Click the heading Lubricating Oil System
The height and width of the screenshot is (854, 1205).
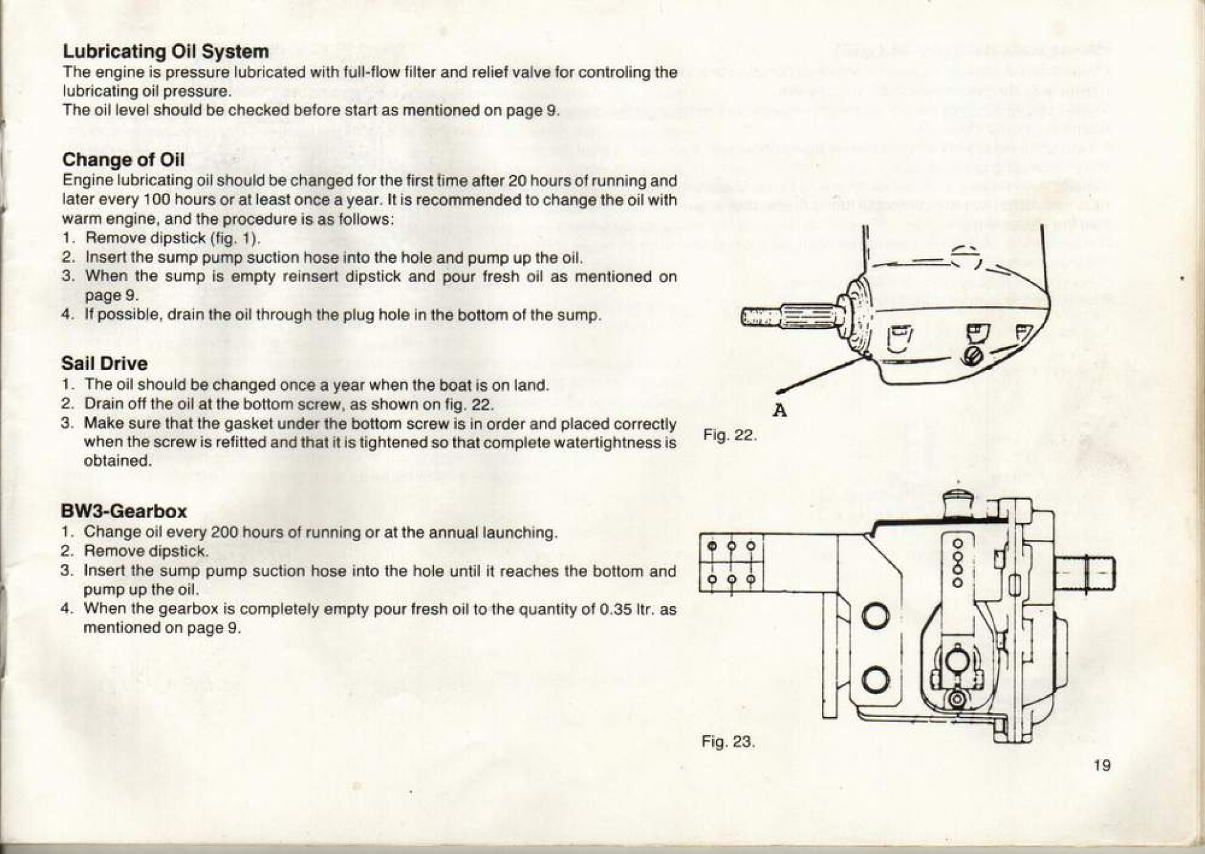point(166,51)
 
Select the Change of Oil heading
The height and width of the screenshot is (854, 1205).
point(123,160)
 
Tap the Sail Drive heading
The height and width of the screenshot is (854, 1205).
point(105,363)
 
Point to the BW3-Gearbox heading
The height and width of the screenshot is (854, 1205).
point(124,511)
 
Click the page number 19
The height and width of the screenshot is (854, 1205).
point(1101,765)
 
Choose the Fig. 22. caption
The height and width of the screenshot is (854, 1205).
point(730,435)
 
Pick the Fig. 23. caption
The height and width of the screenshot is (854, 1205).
point(728,741)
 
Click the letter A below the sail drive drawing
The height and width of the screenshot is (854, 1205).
point(780,410)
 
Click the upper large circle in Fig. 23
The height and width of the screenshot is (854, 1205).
point(876,616)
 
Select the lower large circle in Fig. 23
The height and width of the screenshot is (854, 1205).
point(876,679)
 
